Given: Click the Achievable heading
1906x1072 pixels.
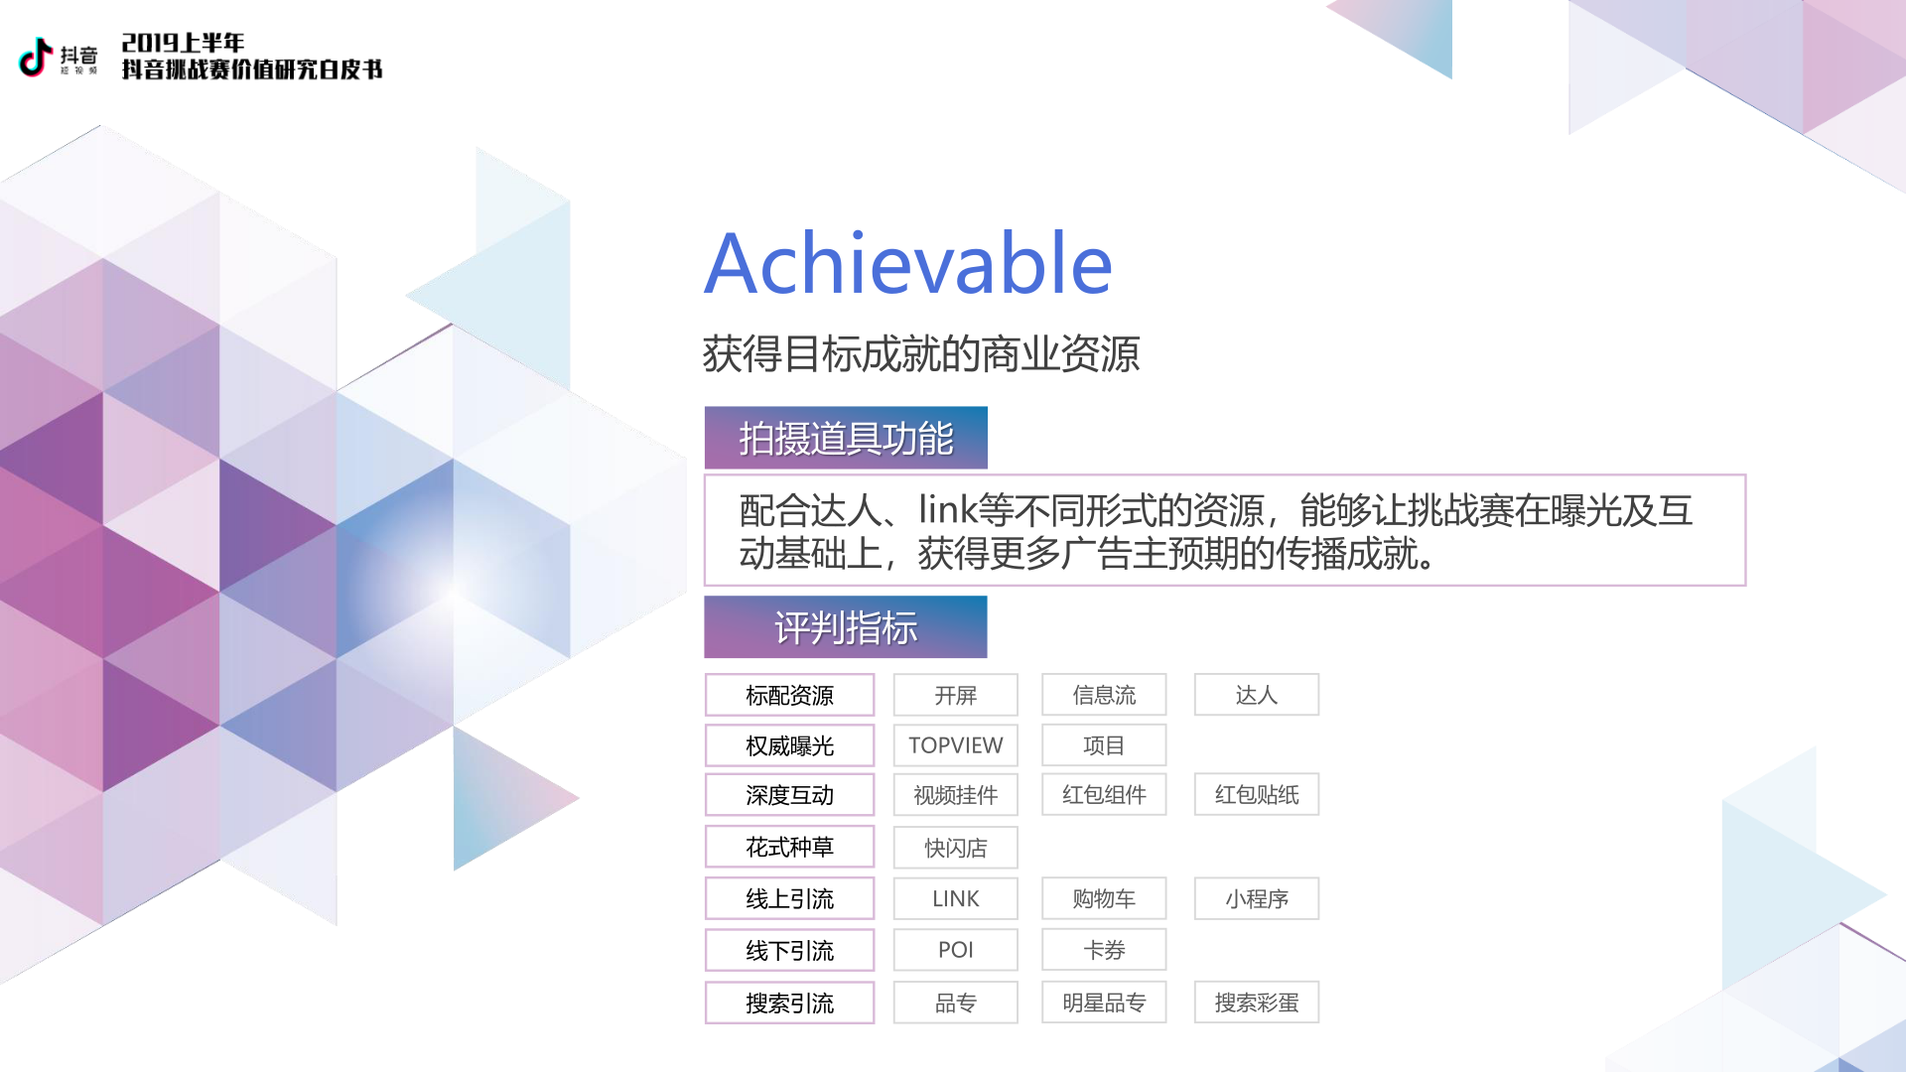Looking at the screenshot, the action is (x=908, y=263).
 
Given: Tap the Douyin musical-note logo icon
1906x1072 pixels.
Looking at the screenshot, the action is (x=36, y=57).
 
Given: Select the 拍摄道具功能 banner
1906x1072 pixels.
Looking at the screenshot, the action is (x=846, y=438).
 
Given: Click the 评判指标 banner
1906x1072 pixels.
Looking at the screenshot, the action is (x=846, y=627).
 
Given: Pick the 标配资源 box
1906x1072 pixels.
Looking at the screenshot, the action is (x=789, y=695).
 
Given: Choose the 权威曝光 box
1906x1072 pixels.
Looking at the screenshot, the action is (x=789, y=745).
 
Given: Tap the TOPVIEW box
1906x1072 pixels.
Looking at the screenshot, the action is (x=955, y=745).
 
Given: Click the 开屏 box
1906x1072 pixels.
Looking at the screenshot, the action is (x=955, y=695).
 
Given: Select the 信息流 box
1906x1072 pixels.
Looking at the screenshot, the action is (x=1104, y=695).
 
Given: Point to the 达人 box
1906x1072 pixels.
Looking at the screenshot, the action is (x=1257, y=695).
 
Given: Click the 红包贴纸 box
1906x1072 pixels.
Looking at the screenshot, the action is (x=1257, y=794).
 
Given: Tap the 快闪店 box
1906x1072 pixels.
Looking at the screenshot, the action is (x=955, y=848).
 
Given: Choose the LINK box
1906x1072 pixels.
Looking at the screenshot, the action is (x=955, y=898).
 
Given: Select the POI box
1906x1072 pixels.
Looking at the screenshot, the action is (x=955, y=950).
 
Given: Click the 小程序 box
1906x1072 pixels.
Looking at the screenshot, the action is (x=1257, y=898).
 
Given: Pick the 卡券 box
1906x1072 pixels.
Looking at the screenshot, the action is (x=1104, y=950).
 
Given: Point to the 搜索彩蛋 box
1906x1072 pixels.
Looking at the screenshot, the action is (x=1257, y=1003).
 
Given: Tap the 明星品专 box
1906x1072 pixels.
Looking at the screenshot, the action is (x=1104, y=1003).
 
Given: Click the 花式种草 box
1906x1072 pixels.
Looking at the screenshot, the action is (x=789, y=847).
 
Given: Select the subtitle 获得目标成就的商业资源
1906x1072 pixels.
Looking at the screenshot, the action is (x=921, y=353).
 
